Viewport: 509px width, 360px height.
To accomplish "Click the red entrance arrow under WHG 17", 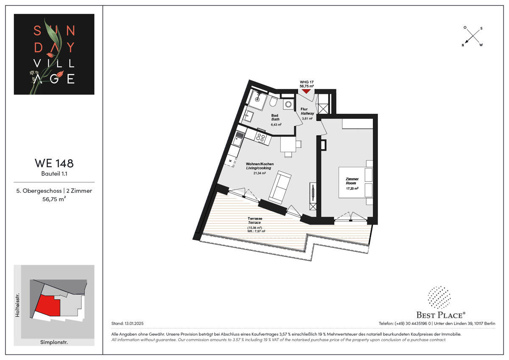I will coord(306,90).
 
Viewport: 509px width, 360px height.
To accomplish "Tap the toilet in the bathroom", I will coord(273,103).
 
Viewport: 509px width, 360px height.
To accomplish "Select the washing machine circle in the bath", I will coord(288,104).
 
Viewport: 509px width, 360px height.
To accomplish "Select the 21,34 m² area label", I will coord(260,173).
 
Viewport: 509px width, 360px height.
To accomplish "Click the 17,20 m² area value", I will coord(352,188).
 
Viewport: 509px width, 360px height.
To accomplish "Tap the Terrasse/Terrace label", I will coord(255,221).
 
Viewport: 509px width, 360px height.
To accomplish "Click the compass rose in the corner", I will coord(473,36).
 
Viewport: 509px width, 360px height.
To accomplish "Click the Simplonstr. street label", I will coord(54,342).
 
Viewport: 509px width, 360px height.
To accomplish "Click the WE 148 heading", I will coord(54,163).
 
